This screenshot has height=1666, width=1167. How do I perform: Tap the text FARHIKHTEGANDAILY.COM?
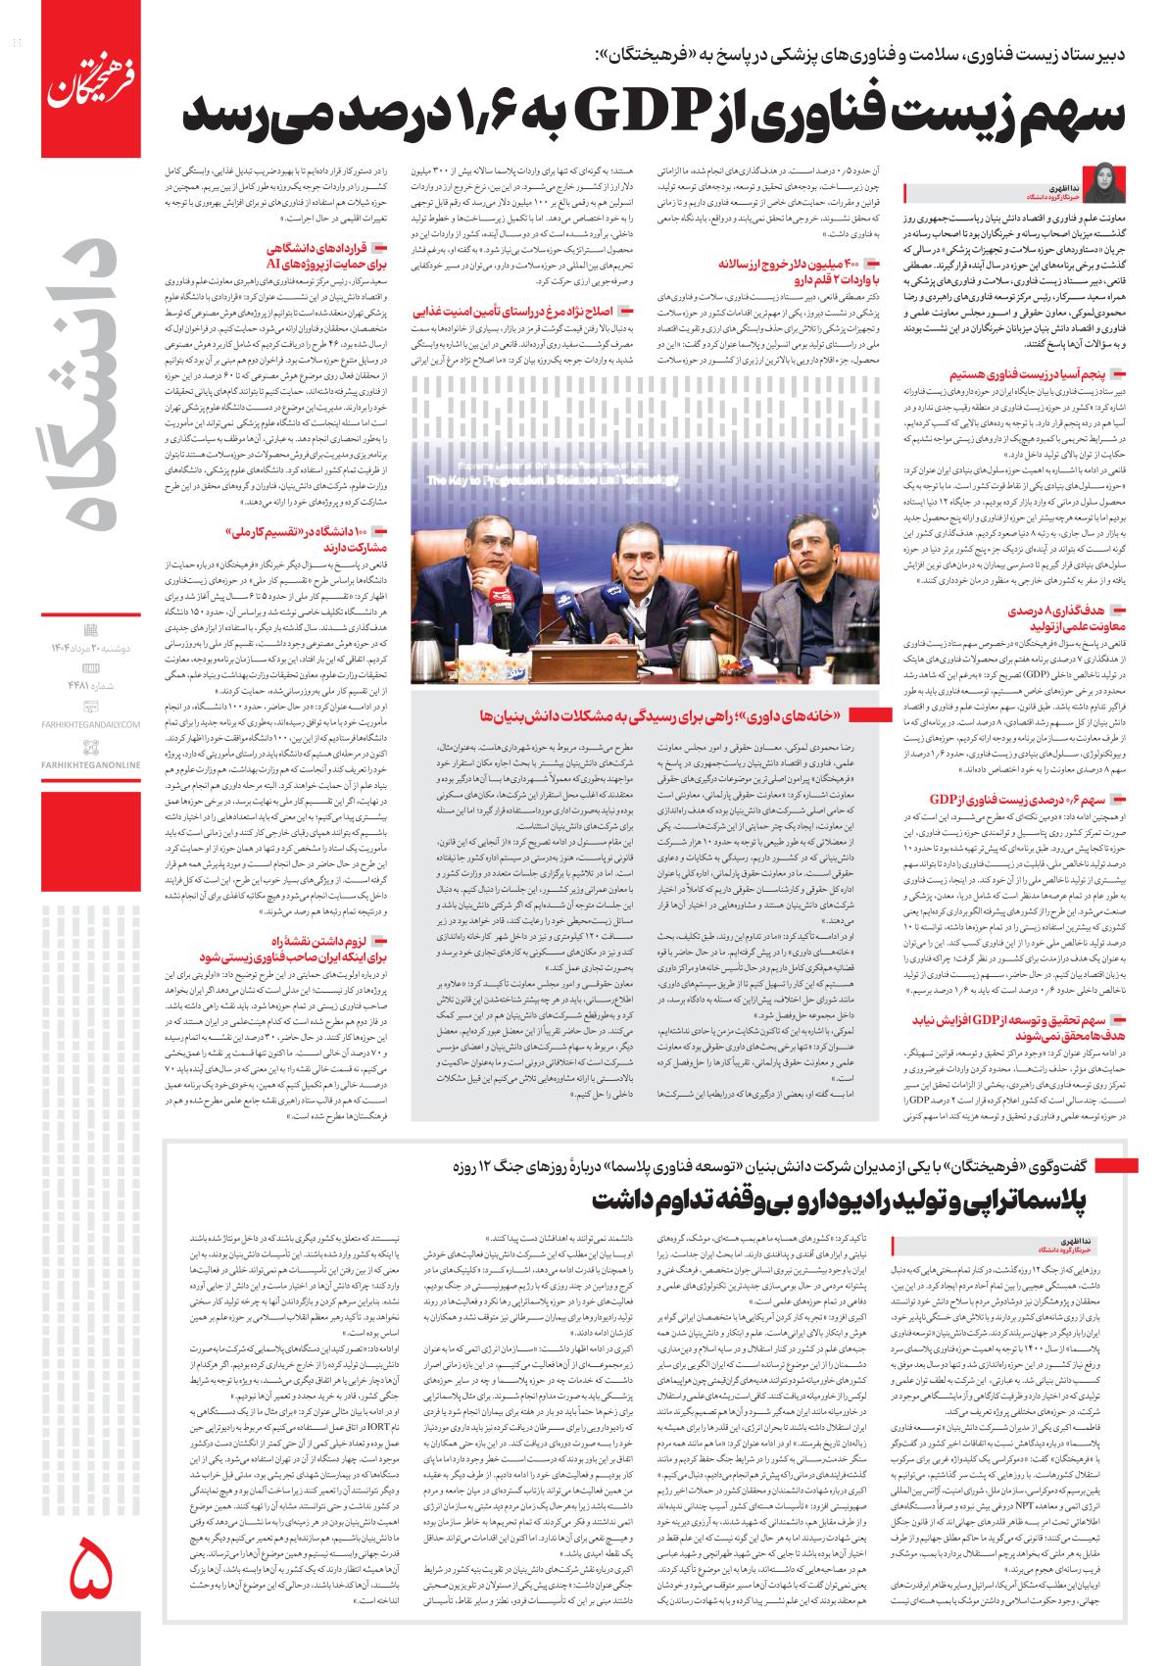click(x=91, y=724)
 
